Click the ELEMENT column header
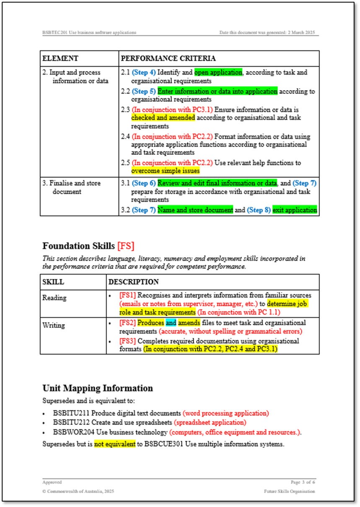60,58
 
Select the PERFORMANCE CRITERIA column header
168,58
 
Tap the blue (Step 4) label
144,73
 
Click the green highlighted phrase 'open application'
218,73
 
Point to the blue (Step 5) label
144,91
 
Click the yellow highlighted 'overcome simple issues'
165,171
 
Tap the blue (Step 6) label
144,183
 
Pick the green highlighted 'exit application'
295,210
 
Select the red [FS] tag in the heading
126,246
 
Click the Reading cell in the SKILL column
54,298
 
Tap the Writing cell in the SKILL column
54,325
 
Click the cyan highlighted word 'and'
171,323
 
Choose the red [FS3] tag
127,341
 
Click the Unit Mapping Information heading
98,388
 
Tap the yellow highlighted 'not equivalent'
114,444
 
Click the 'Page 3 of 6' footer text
303,483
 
